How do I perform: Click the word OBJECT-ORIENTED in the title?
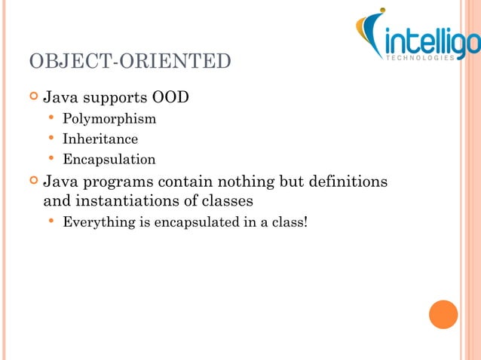point(130,61)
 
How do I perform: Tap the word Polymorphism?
point(109,118)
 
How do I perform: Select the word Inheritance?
point(100,139)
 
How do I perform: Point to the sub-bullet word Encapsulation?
point(109,160)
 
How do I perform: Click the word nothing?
point(247,182)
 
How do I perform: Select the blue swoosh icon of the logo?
point(372,34)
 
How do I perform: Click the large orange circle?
point(443,314)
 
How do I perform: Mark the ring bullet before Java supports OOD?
point(32,98)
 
